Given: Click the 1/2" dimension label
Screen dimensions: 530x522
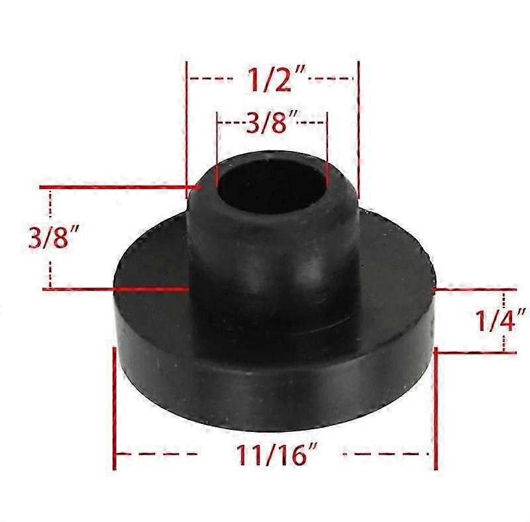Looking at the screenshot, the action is (276, 79).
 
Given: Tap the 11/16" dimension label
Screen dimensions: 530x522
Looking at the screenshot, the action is (277, 454).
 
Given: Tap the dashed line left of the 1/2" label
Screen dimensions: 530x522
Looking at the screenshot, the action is (211, 78).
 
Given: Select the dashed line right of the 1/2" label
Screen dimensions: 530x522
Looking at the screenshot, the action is (331, 78).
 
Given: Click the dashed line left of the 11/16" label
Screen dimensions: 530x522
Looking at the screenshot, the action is (157, 454).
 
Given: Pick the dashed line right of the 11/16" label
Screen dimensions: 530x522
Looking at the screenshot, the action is (386, 454).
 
